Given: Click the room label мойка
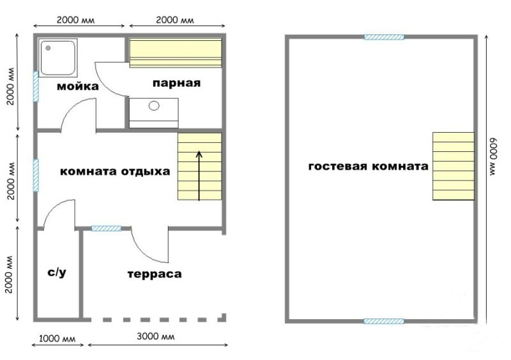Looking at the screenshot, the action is [x=77, y=87].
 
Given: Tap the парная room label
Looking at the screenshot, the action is [x=176, y=84].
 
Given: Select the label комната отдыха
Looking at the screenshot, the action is [x=115, y=171].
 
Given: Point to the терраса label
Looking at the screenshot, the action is [x=155, y=274].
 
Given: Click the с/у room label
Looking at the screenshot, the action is [x=57, y=273].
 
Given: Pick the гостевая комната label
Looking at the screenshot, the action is [x=369, y=167].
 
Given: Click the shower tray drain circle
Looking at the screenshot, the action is [x=49, y=49].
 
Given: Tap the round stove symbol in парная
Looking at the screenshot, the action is [x=154, y=105].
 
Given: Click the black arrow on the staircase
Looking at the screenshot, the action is [x=199, y=176].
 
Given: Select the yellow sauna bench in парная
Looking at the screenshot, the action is [x=176, y=53].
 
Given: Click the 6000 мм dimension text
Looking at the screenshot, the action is [x=492, y=158].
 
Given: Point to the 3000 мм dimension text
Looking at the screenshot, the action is [x=155, y=336].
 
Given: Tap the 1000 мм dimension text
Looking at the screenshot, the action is [x=57, y=339].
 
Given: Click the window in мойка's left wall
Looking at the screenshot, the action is [x=36, y=87].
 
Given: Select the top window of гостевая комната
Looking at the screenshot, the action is [x=384, y=37].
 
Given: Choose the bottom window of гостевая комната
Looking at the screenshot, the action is [x=384, y=321].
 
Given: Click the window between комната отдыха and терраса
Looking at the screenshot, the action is [x=106, y=229].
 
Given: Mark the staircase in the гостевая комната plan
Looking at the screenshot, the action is [x=454, y=166].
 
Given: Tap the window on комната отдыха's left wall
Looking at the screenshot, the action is [x=36, y=176].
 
